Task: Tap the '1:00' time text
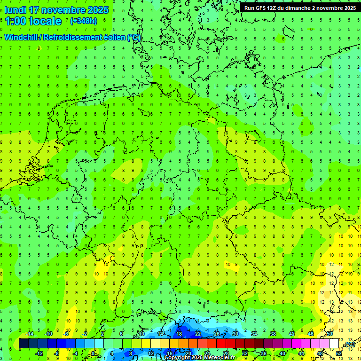click(16, 21)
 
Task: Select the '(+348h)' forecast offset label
click(83, 21)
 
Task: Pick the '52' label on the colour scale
click(339, 353)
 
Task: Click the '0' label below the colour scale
click(93, 353)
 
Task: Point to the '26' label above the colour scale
click(217, 334)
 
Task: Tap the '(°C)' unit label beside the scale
click(349, 345)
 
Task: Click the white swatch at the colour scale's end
click(334, 344)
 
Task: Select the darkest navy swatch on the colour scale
click(24, 344)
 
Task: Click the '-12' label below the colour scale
click(39, 353)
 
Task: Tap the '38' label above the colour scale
click(273, 334)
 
